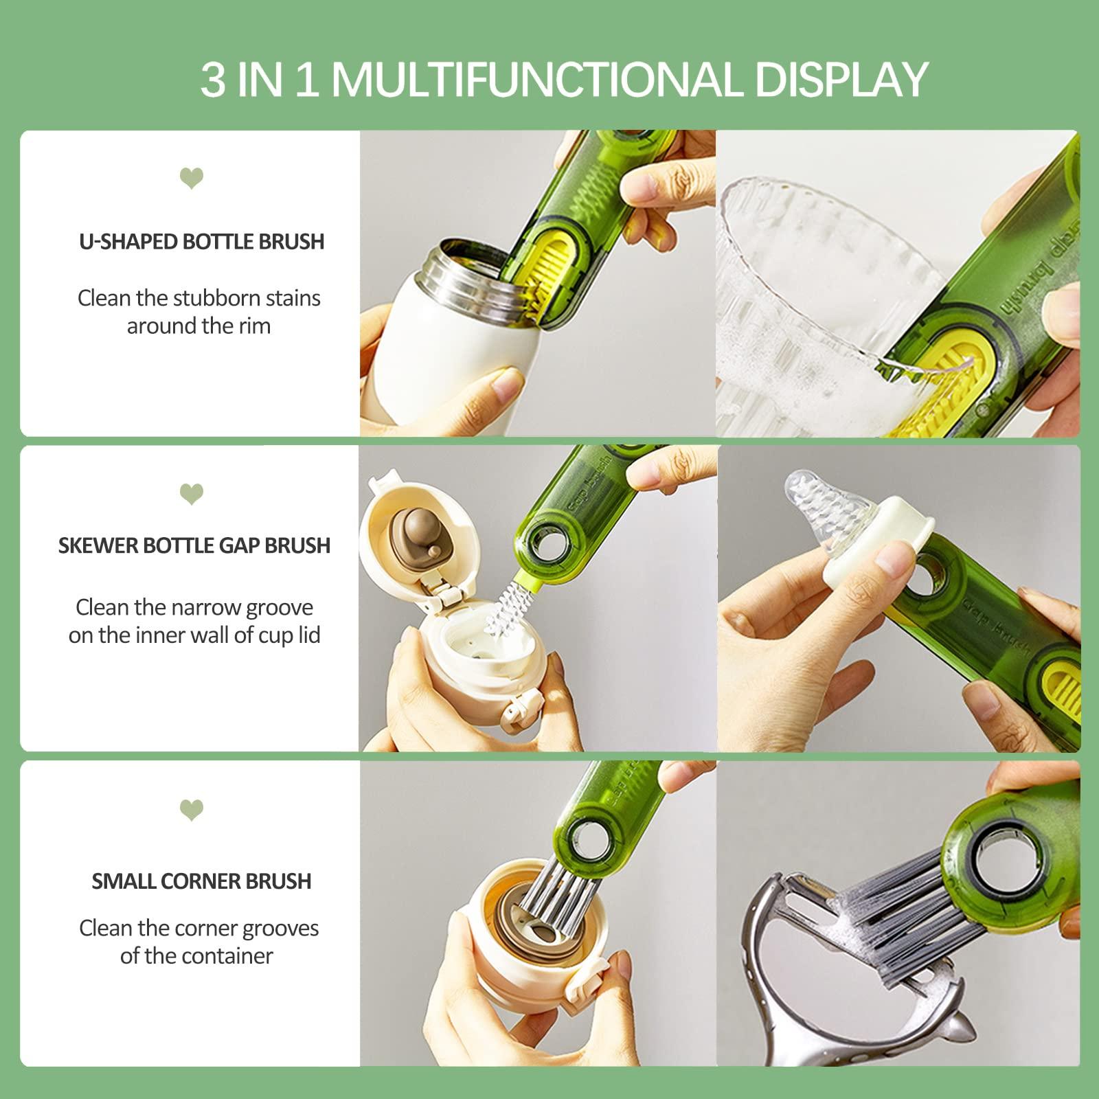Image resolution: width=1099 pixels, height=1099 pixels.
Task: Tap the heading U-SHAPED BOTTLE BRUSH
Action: (x=201, y=242)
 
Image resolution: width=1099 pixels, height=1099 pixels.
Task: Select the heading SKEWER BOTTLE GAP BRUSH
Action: (x=194, y=545)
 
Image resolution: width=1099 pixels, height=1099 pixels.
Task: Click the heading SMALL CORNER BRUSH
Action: (x=201, y=881)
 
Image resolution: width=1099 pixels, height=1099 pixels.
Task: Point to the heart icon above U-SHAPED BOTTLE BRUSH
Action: (x=192, y=179)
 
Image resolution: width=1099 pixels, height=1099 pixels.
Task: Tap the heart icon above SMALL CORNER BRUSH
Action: (x=192, y=810)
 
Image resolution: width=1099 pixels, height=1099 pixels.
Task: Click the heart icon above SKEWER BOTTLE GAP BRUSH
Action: (x=192, y=494)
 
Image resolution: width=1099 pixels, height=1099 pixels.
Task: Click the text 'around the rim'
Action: (x=199, y=326)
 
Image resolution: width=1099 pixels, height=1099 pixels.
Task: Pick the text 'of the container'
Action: (x=196, y=956)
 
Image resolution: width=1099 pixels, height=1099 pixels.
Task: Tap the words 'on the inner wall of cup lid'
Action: (x=194, y=635)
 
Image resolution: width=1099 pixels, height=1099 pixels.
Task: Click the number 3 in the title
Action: (x=212, y=80)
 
